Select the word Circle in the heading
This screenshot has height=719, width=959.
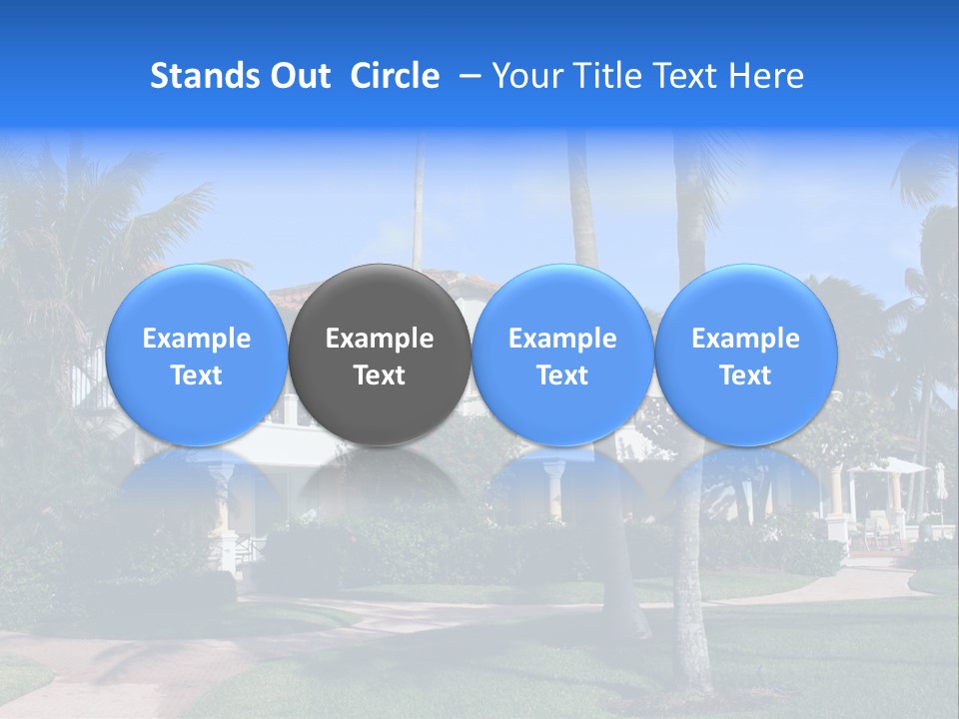tap(395, 76)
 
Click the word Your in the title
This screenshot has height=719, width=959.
tap(524, 76)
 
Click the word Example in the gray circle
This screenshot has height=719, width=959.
tap(380, 339)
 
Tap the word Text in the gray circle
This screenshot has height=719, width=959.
tap(380, 375)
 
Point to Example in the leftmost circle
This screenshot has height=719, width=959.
tap(196, 339)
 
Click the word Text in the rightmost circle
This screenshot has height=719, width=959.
tap(746, 375)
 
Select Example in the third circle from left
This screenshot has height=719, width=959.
tap(562, 339)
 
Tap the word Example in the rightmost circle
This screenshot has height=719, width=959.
tap(746, 339)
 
